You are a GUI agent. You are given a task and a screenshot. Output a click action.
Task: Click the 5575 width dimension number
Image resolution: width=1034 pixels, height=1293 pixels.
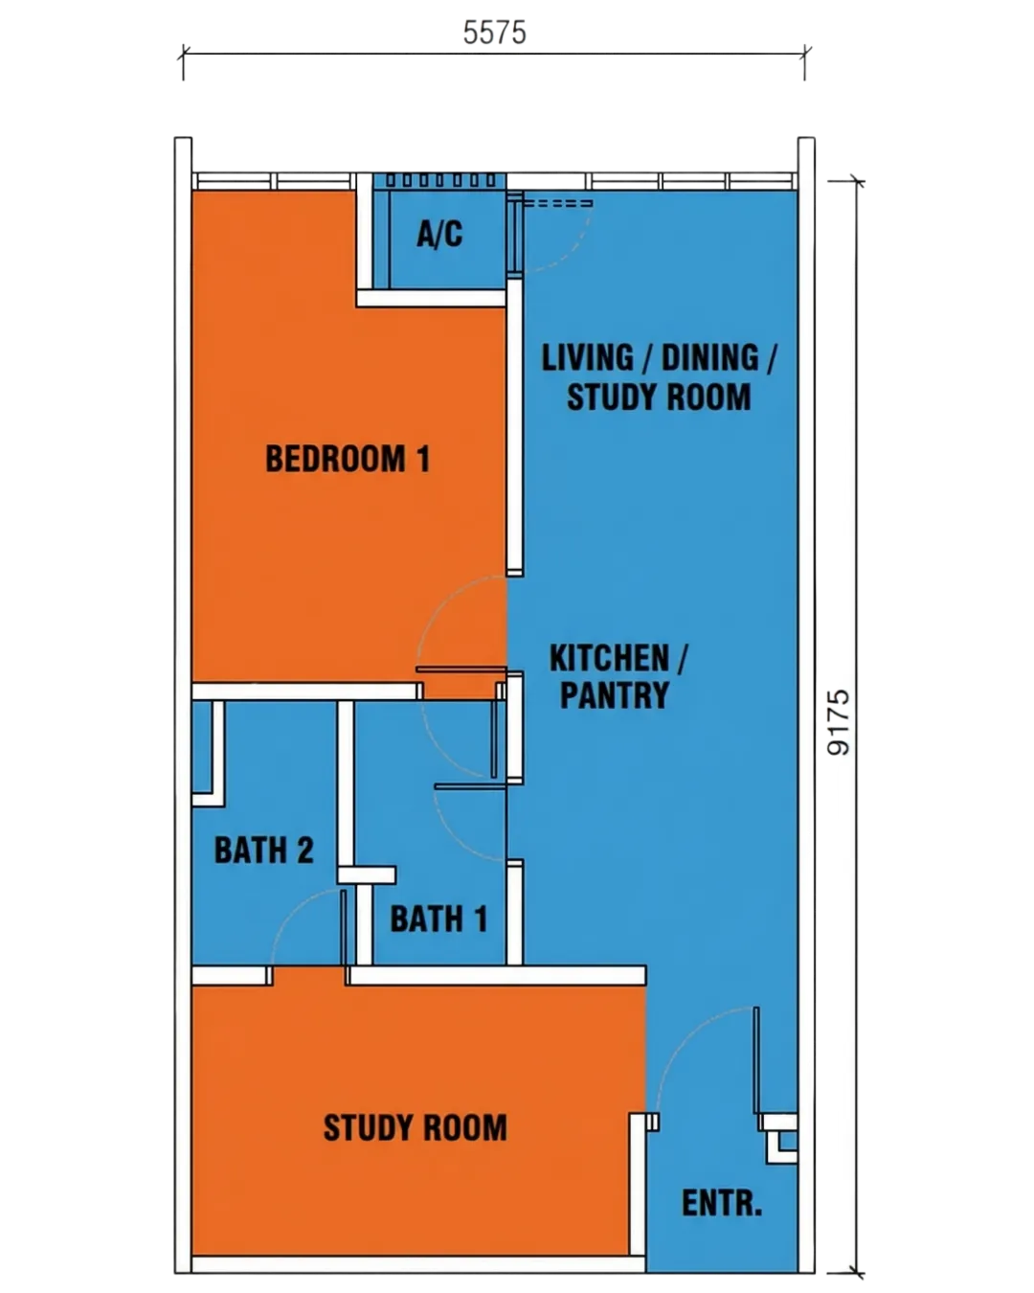(494, 33)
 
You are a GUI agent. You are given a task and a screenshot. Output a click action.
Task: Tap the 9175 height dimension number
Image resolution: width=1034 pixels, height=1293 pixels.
(839, 722)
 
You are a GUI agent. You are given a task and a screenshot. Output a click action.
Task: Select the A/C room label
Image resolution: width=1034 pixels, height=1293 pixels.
(439, 235)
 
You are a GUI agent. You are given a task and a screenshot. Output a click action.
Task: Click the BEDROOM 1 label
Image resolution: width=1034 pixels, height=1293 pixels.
(348, 459)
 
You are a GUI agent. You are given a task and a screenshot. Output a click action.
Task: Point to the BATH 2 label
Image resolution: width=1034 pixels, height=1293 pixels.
(263, 851)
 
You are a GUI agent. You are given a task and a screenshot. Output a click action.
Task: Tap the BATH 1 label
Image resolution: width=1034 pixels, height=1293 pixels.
(438, 919)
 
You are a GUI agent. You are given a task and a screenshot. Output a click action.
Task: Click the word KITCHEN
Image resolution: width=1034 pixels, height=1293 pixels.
(609, 658)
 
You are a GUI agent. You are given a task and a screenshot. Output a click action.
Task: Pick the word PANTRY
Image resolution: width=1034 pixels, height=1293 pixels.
(615, 695)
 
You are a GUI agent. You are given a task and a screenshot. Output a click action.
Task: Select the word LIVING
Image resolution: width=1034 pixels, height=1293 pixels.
(588, 357)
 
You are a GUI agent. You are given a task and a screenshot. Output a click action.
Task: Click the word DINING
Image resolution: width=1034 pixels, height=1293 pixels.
(710, 357)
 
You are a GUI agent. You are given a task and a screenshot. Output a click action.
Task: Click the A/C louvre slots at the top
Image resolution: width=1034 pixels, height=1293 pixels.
(440, 180)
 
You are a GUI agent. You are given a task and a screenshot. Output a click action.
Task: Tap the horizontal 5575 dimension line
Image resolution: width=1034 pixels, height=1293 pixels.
(494, 54)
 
